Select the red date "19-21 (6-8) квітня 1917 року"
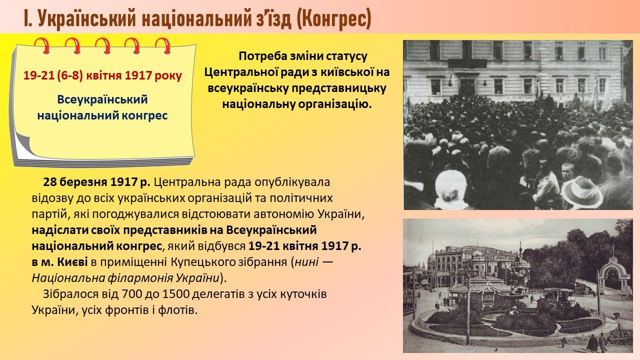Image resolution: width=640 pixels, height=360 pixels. click(x=102, y=75)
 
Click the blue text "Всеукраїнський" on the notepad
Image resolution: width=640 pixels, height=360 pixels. click(x=102, y=99)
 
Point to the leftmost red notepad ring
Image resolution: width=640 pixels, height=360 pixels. click(x=42, y=45)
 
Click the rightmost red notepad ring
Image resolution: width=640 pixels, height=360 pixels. click(x=163, y=45)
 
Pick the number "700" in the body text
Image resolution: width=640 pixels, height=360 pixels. click(x=131, y=294)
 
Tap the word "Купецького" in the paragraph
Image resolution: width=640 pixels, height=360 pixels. click(x=203, y=262)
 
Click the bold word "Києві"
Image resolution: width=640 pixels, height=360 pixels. click(x=72, y=262)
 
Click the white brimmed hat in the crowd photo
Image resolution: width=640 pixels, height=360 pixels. click(x=581, y=192)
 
